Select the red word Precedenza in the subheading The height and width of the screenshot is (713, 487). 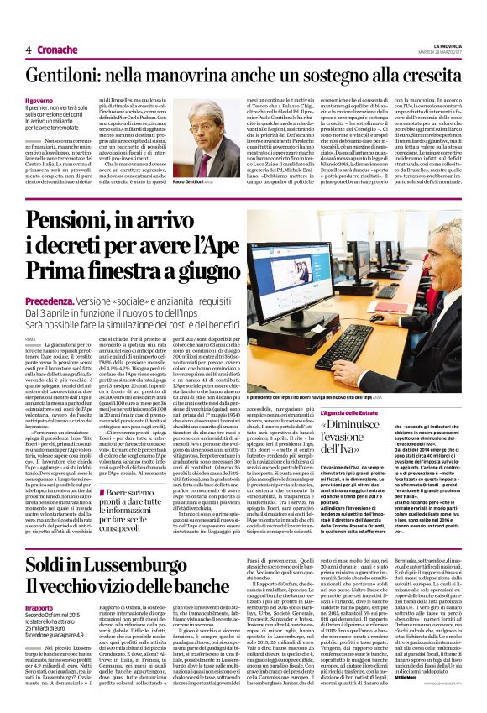coord(72,300)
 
